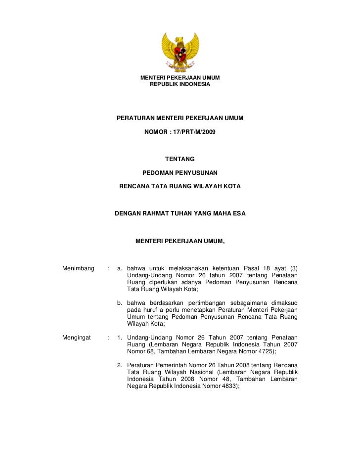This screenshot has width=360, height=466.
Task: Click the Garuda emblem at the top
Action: tap(180, 52)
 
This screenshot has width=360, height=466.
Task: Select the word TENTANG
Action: tap(180, 159)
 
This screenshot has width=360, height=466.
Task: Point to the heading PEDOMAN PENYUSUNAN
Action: tap(180, 173)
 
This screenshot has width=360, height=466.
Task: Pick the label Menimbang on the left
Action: tap(79, 268)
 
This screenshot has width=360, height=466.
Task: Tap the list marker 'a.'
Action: tap(120, 268)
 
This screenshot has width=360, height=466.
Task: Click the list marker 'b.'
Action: tap(120, 303)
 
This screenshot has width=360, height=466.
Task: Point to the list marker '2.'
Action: tap(120, 366)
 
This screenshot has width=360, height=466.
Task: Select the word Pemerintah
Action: tap(158, 366)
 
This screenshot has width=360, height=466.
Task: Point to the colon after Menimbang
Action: tap(108, 268)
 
